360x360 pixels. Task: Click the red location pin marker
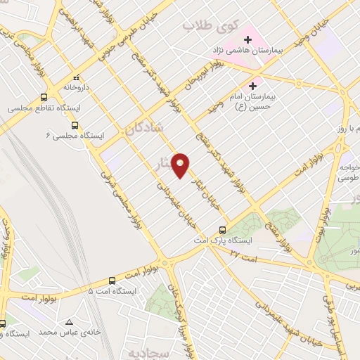coord(181,166)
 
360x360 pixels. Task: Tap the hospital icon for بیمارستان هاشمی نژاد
coord(247,39)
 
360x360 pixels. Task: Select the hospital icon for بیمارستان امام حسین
coord(252,85)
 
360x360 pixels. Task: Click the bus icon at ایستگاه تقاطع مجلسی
coord(44,98)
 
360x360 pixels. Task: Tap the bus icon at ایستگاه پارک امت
coord(223,229)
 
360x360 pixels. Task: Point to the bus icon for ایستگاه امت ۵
coord(112,279)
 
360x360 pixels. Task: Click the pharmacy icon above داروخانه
coord(77,79)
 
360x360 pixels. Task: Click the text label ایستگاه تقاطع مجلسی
coord(32,109)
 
